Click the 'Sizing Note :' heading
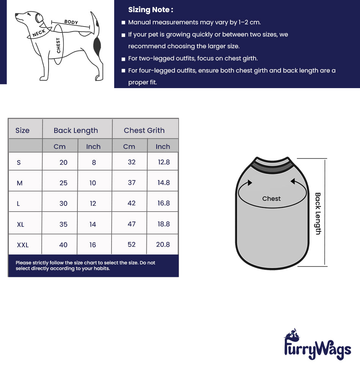pos(151,10)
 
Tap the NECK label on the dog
pos(39,33)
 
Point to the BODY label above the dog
pos(71,22)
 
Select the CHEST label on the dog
pos(58,45)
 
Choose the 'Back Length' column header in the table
pos(76,130)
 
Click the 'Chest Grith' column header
pos(144,130)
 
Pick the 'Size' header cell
pos(22,130)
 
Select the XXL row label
pos(23,245)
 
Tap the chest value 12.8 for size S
pos(163,162)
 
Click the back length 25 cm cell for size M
pos(63,183)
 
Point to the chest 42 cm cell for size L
pos(132,203)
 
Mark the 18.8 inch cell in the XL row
pos(163,224)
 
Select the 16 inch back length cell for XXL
pos(93,245)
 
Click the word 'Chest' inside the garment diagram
pos(271,199)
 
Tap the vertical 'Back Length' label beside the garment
pos(318,213)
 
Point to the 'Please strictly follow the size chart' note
pos(85,265)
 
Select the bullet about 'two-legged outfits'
pos(193,58)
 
